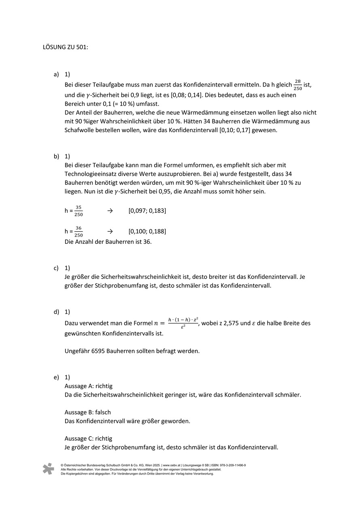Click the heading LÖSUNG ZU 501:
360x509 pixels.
tap(65, 47)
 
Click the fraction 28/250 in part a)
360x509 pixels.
tap(298, 85)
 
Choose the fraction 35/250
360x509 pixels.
tap(78, 211)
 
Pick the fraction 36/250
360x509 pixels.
tap(78, 232)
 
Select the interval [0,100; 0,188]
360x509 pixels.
tap(147, 232)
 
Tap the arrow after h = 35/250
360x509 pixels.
tap(110, 211)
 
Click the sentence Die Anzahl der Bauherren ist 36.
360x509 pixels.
tap(108, 242)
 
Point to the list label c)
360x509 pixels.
tap(56, 268)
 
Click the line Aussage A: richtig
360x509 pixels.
tap(88, 386)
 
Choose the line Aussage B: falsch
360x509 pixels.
tap(87, 412)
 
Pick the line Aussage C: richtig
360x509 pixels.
tap(88, 438)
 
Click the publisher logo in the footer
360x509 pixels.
tap(49, 469)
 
